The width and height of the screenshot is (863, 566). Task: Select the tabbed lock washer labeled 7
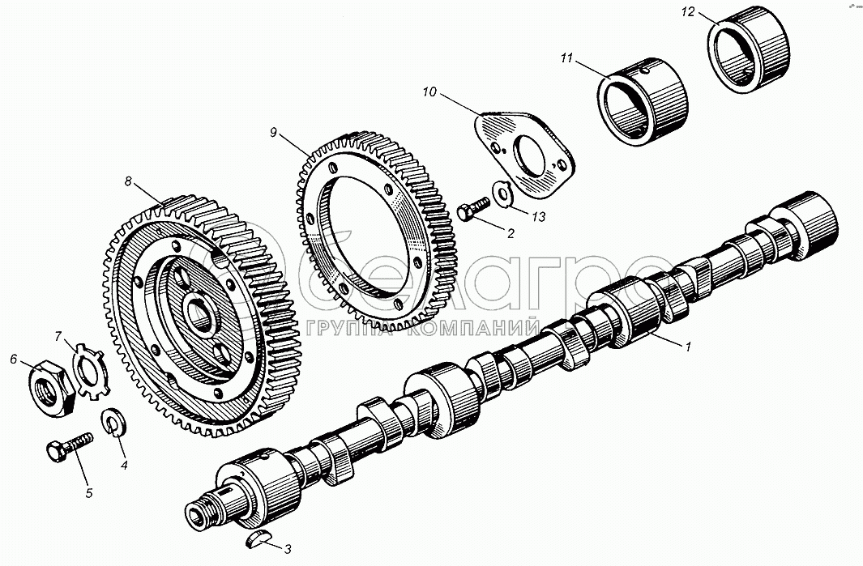(x=90, y=372)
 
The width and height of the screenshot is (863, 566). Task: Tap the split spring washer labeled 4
(x=114, y=422)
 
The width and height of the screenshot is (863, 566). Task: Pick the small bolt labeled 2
(x=472, y=209)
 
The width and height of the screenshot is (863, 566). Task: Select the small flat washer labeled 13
(x=502, y=194)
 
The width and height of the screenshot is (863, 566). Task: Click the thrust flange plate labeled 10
(x=525, y=154)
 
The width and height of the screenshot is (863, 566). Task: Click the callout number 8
(x=128, y=181)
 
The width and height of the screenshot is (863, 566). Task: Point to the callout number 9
(x=273, y=132)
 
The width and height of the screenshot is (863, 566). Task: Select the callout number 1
(x=687, y=347)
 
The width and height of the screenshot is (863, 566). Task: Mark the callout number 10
(x=429, y=91)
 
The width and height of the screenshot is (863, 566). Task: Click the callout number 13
(x=539, y=217)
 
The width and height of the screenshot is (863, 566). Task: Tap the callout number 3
(x=288, y=548)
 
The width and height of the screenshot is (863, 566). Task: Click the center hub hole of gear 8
(x=200, y=315)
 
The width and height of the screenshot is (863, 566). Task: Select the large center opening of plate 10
(x=529, y=156)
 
